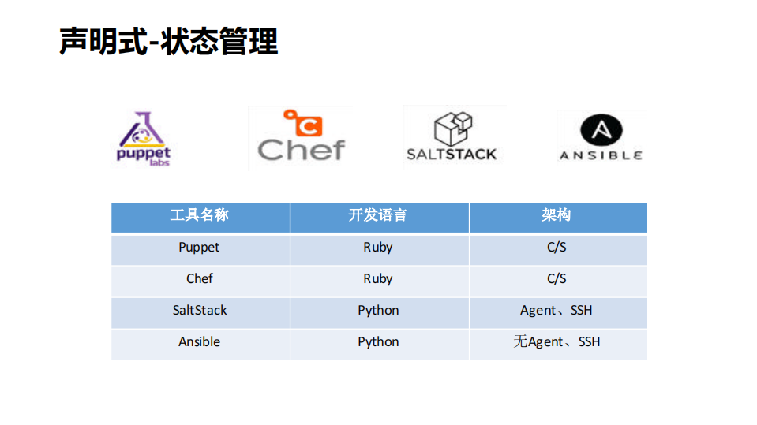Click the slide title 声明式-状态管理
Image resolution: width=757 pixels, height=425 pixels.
click(x=169, y=41)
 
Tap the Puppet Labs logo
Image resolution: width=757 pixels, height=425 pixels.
click(x=143, y=139)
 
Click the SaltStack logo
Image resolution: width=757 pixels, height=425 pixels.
click(x=452, y=137)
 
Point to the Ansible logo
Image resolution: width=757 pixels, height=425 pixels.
click(x=601, y=138)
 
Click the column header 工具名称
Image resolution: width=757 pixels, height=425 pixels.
click(x=200, y=215)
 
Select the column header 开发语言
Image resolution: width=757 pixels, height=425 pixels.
click(x=378, y=215)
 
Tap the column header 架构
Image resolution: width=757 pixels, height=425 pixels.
click(x=557, y=215)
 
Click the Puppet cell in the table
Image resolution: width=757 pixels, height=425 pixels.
click(x=199, y=248)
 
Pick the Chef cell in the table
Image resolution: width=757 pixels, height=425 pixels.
click(x=200, y=279)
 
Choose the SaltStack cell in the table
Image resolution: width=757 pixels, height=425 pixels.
click(x=200, y=311)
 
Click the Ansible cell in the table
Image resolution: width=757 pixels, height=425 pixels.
click(x=200, y=342)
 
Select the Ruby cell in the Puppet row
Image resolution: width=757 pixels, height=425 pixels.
click(x=378, y=248)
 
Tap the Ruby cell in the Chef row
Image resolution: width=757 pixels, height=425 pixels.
click(x=378, y=279)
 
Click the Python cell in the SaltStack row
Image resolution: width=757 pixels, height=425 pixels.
click(x=378, y=311)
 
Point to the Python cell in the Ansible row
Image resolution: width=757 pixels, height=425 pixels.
click(x=378, y=342)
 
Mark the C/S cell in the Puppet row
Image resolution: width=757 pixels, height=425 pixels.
click(x=557, y=248)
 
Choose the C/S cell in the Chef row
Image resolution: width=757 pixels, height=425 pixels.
click(x=557, y=279)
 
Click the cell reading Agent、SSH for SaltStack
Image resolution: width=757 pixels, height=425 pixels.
click(x=557, y=311)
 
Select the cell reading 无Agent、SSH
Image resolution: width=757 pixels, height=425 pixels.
click(x=557, y=342)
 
